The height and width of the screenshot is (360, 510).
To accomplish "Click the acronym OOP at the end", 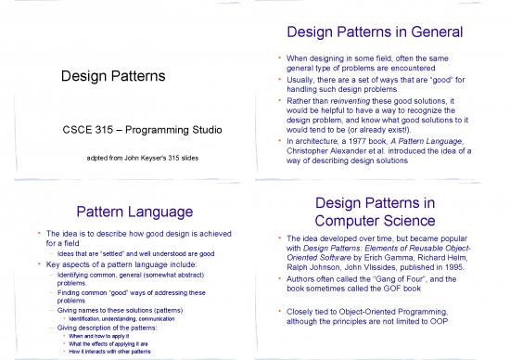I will pos(449,320).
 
